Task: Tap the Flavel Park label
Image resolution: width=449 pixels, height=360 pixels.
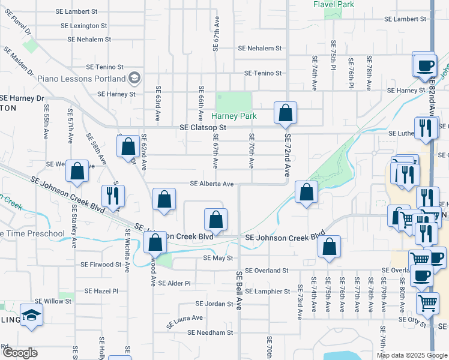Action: tap(334, 4)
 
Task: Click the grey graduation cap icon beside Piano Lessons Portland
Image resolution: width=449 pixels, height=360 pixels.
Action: tap(135, 78)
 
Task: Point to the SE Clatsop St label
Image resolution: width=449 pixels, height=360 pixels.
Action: tap(203, 128)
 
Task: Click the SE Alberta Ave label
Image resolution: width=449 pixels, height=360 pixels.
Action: tap(212, 184)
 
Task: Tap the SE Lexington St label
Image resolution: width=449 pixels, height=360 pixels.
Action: tap(83, 26)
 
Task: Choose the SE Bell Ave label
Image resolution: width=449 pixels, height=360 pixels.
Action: tap(238, 290)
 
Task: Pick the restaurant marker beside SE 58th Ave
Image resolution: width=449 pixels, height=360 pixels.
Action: tap(112, 195)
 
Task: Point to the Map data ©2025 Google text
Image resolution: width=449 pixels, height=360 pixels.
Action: tap(411, 355)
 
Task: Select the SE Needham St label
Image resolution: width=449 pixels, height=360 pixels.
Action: tap(209, 332)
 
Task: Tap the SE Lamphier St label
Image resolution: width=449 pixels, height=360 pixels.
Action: tap(267, 292)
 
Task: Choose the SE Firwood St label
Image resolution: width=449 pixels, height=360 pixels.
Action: tap(101, 264)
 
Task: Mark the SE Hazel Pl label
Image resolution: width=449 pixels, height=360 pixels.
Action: tap(101, 291)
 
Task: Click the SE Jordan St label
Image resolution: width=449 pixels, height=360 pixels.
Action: tap(214, 304)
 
